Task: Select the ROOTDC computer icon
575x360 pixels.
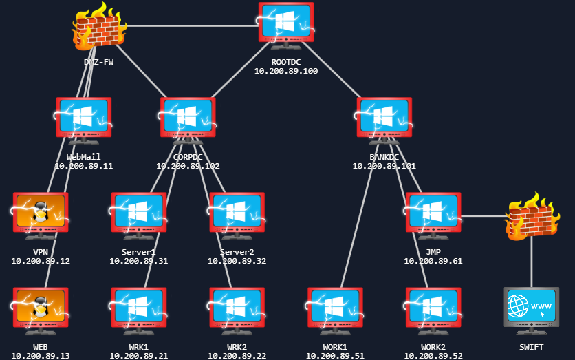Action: (x=286, y=25)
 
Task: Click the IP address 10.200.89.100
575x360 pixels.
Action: (x=286, y=71)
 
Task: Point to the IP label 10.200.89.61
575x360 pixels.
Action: (x=433, y=261)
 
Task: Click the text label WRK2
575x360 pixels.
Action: (x=237, y=346)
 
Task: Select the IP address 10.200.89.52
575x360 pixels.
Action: (x=433, y=356)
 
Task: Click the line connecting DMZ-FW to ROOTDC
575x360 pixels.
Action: (x=193, y=26)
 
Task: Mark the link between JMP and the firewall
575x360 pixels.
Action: (x=483, y=215)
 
